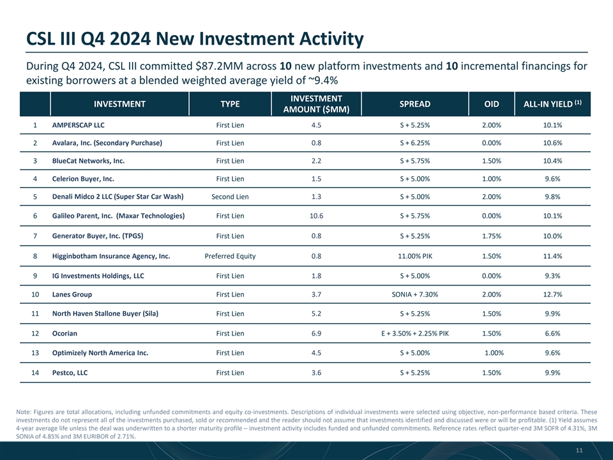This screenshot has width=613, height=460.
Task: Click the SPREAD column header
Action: coord(415,104)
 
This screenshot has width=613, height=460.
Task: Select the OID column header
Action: coord(492,104)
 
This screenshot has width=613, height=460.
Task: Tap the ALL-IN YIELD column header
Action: coord(552,103)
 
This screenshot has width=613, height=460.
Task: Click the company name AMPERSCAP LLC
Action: coord(78,125)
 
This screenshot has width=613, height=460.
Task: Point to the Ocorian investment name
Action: coord(64,333)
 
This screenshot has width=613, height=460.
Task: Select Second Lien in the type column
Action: coord(230,197)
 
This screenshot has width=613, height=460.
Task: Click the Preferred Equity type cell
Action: coord(230,256)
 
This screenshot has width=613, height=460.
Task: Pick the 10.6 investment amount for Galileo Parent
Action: coord(316,216)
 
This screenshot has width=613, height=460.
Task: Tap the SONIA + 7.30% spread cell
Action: coord(415,295)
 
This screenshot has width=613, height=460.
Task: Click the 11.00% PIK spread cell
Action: coord(415,256)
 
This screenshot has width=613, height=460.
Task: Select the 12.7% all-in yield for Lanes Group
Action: coord(552,295)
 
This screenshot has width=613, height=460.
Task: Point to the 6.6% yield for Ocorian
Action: coord(552,333)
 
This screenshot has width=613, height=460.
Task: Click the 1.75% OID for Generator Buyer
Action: coord(492,236)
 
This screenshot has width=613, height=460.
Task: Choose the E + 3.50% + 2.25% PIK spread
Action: coord(415,333)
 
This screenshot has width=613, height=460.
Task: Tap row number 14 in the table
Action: coord(35,372)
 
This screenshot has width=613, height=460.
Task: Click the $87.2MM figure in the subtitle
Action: coord(216,66)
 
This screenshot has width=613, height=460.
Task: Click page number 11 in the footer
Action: coord(579,450)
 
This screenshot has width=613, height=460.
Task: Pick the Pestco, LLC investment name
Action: coord(70,372)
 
